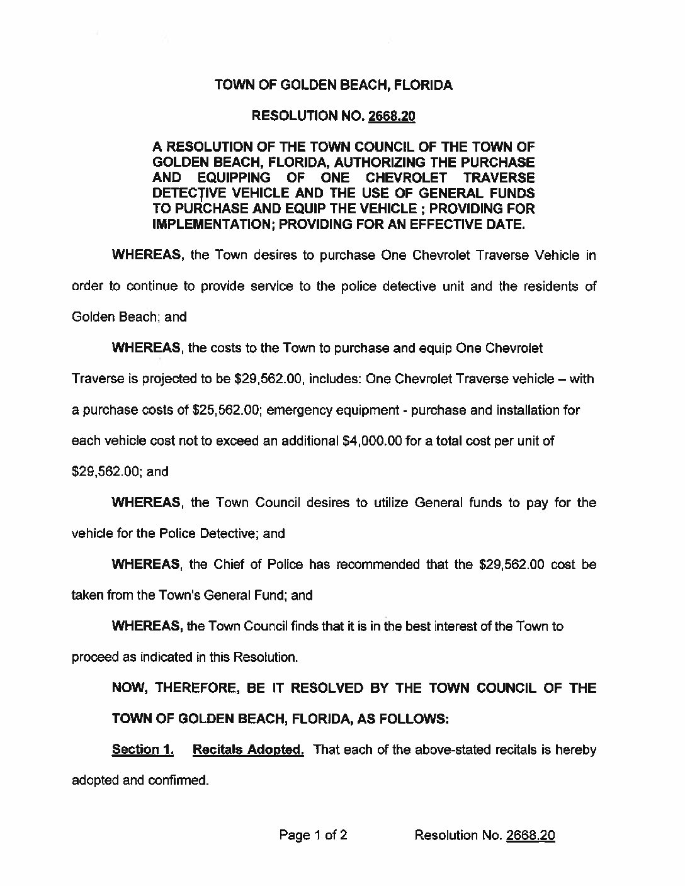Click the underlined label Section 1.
tap(142, 749)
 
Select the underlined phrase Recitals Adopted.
tap(248, 749)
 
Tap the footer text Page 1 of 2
tap(314, 835)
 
